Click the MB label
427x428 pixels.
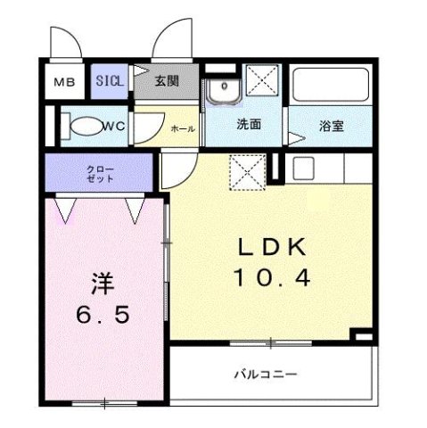click(63, 83)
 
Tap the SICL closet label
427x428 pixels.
click(111, 81)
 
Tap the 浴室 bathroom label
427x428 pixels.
click(332, 126)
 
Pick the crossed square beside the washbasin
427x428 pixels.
click(262, 82)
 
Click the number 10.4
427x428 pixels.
click(272, 278)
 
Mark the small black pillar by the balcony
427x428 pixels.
click(361, 336)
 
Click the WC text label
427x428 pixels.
click(116, 126)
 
